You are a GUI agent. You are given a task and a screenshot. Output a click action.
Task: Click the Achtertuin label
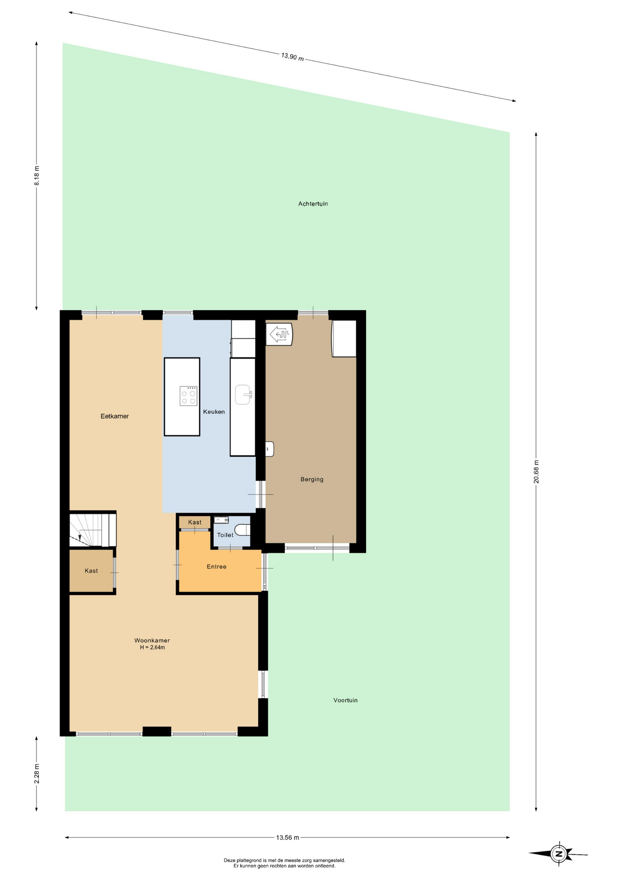[x=313, y=203]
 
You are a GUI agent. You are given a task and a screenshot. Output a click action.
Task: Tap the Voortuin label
[x=345, y=700]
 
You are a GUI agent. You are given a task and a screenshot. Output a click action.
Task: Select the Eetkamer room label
[x=115, y=416]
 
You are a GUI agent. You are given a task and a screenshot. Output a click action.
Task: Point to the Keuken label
[x=214, y=412]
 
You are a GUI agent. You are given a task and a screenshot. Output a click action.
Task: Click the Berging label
[x=312, y=479]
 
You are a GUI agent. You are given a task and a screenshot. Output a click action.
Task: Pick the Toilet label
[x=225, y=535]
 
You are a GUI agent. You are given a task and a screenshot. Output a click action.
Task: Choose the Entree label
[x=216, y=566]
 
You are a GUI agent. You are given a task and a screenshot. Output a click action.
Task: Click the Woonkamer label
[x=152, y=640]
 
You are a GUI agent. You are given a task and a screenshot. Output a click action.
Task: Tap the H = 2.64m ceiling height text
[x=152, y=647]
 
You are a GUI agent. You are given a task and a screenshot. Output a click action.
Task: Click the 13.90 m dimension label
[x=292, y=57]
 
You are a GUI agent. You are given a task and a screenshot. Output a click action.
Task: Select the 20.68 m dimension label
[x=536, y=471]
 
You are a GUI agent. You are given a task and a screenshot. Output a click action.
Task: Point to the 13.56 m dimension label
[x=287, y=837]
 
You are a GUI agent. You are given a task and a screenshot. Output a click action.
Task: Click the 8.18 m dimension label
[x=37, y=176]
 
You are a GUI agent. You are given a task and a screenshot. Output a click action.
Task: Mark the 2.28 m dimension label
[x=37, y=774]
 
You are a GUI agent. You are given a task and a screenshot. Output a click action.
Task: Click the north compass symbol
[x=558, y=853]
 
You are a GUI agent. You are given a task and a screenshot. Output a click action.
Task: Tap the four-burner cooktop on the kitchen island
[x=188, y=396]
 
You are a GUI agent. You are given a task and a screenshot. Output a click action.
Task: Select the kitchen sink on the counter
[x=243, y=395]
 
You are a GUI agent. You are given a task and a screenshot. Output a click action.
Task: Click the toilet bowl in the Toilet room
[x=243, y=530]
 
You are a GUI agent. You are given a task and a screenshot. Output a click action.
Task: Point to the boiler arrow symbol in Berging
[x=279, y=334]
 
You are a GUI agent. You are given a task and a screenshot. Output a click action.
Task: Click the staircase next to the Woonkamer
[x=93, y=530]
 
